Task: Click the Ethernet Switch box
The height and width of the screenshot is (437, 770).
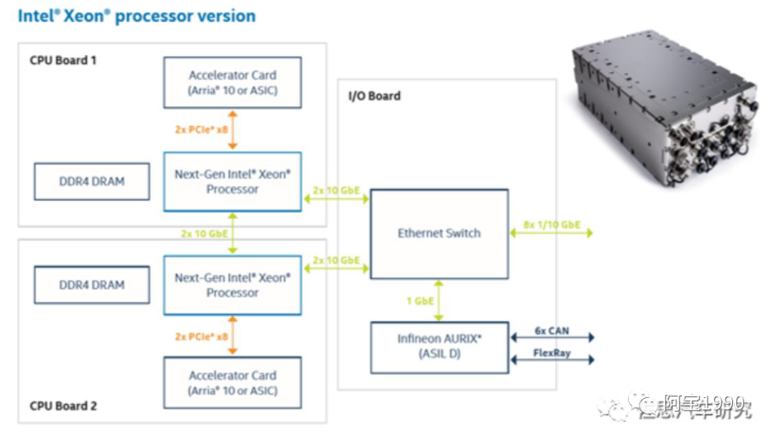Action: pos(438,234)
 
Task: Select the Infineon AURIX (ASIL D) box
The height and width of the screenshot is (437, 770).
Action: pos(438,347)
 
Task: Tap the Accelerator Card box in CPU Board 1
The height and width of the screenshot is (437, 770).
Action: pos(232,83)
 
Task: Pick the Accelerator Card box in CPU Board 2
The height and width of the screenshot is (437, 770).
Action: pos(232,383)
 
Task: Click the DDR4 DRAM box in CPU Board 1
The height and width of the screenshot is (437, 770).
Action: pos(92,182)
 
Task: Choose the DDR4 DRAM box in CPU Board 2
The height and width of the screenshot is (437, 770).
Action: pos(92,285)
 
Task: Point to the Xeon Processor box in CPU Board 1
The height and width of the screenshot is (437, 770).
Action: pos(232,182)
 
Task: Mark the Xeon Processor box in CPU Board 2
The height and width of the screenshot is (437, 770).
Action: pos(232,285)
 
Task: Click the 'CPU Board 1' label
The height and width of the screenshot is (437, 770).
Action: pos(63,60)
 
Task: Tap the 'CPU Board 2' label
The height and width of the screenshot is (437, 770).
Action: pos(63,406)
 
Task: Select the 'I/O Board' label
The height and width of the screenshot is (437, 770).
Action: pos(374,96)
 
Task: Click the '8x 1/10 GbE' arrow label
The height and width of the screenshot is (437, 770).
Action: pos(551,225)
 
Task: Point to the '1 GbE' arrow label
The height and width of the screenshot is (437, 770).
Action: pos(420,301)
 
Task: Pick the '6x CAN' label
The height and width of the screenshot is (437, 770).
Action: pos(552,331)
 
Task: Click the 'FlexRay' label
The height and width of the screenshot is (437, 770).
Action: pos(552,353)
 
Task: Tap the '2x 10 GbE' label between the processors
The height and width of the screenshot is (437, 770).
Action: pos(204,234)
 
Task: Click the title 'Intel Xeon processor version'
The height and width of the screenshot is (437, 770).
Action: pos(136,16)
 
